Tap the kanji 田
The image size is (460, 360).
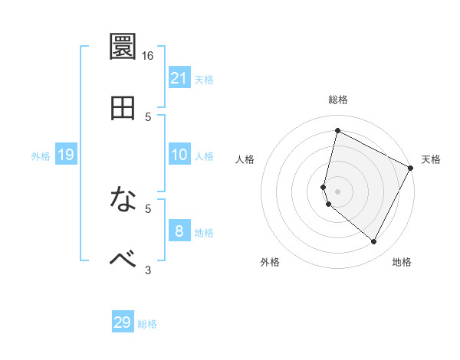pyautogui.click(x=124, y=107)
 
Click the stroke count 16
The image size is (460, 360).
pyautogui.click(x=148, y=56)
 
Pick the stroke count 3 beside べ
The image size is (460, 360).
pyautogui.click(x=149, y=269)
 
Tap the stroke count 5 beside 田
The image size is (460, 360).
pyautogui.click(x=149, y=116)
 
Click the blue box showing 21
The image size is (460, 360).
pyautogui.click(x=179, y=78)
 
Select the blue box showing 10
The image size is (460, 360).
pyautogui.click(x=179, y=155)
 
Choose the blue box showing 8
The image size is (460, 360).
pyautogui.click(x=179, y=231)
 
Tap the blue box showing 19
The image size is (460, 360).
pyautogui.click(x=66, y=155)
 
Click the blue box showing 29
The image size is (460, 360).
pyautogui.click(x=123, y=322)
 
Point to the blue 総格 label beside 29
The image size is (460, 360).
pyautogui.click(x=148, y=324)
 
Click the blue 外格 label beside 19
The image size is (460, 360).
pyautogui.click(x=41, y=156)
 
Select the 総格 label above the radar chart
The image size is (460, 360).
pyautogui.click(x=338, y=100)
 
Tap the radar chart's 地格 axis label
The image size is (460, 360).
pyautogui.click(x=402, y=262)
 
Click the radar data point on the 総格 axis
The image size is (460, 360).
pyautogui.click(x=337, y=131)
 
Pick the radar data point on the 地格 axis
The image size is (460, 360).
pyautogui.click(x=373, y=242)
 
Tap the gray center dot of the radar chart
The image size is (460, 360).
pyautogui.click(x=337, y=191)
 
